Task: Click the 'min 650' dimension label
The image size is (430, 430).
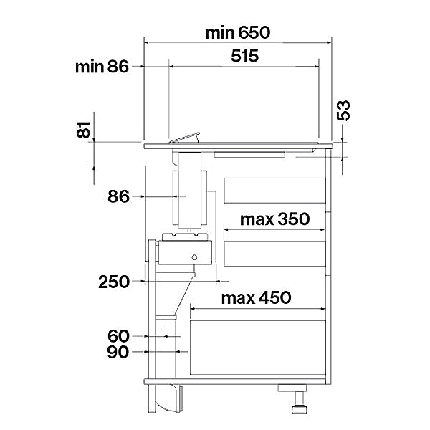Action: (237, 33)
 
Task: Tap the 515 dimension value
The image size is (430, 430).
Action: (244, 56)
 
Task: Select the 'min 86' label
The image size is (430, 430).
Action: (102, 67)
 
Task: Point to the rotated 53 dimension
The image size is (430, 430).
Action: (343, 110)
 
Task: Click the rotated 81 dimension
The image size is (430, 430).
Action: (83, 130)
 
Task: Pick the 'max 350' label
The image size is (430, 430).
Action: (274, 219)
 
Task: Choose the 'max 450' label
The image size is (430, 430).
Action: (256, 297)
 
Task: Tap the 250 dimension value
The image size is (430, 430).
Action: (114, 282)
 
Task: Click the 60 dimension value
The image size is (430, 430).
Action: (118, 336)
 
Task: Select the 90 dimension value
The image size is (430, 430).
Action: (118, 352)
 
